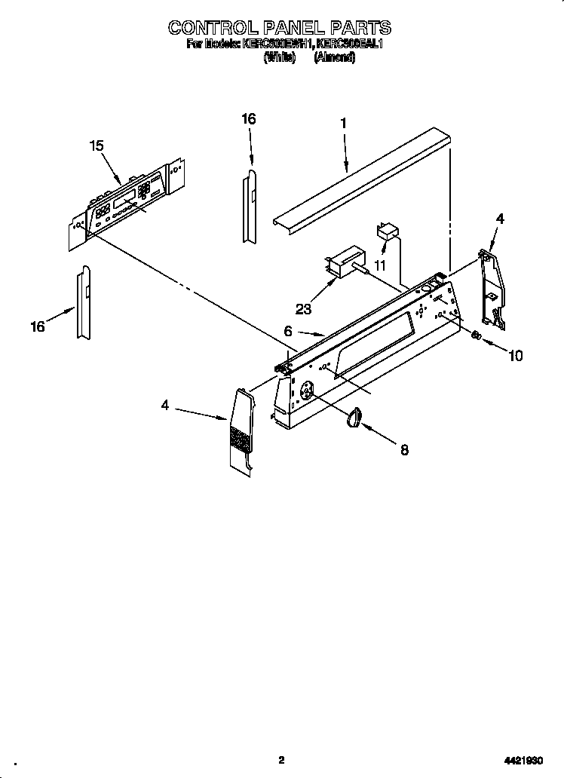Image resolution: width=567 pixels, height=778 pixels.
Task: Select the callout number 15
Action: [97, 146]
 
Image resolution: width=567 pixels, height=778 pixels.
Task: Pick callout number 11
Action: [380, 266]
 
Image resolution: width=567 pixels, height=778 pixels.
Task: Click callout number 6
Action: [288, 330]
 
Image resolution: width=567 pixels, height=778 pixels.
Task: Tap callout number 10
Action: [516, 356]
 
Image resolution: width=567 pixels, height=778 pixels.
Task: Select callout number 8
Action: [404, 450]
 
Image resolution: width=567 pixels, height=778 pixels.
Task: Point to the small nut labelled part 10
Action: [476, 338]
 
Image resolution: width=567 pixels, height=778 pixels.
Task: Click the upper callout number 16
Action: [249, 118]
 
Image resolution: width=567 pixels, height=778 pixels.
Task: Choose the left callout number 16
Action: [38, 326]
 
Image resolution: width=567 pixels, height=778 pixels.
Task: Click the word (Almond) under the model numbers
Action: [335, 57]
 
